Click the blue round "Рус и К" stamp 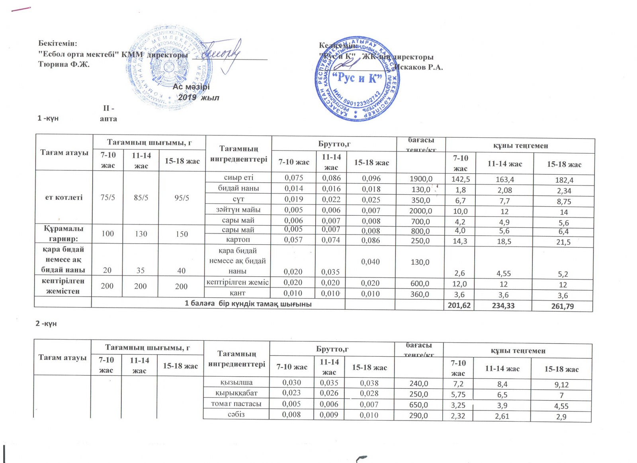357,80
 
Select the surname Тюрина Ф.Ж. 64,64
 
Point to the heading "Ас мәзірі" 191,86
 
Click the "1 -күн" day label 48,118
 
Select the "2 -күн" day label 46,323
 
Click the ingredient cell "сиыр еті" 238,178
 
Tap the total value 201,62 459,305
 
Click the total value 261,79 563,306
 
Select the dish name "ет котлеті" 64,197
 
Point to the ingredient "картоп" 238,240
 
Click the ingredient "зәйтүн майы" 238,209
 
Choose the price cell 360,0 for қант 420,294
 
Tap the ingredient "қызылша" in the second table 236,382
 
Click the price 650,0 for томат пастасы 418,405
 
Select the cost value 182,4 564,180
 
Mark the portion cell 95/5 182,198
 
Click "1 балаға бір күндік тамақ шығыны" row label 248,304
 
